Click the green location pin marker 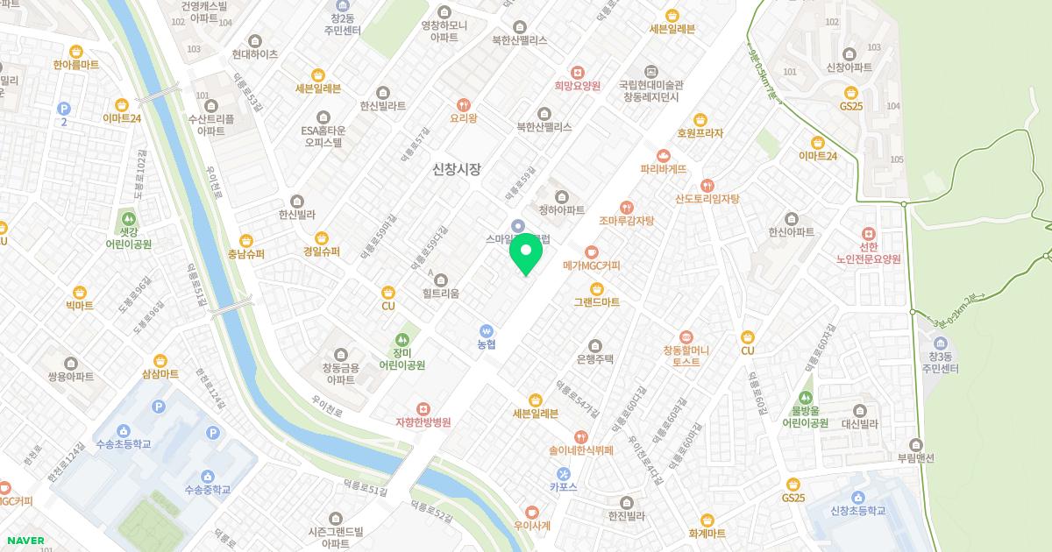pyautogui.click(x=526, y=254)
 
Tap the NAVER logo pyautogui.click(x=25, y=541)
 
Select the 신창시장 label pyautogui.click(x=457, y=169)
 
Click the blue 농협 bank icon pyautogui.click(x=487, y=330)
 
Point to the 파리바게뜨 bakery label pyautogui.click(x=663, y=169)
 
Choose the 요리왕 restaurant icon pyautogui.click(x=464, y=103)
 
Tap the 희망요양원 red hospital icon pyautogui.click(x=577, y=72)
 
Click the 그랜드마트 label pyautogui.click(x=597, y=302)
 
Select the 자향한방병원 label pyautogui.click(x=423, y=422)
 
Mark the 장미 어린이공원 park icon pyautogui.click(x=402, y=338)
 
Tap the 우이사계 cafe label pyautogui.click(x=532, y=526)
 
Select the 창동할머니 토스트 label pyautogui.click(x=686, y=356)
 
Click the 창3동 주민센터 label pyautogui.click(x=941, y=363)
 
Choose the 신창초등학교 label pyautogui.click(x=857, y=512)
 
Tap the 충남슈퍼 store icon pyautogui.click(x=246, y=240)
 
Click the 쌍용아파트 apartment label pyautogui.click(x=71, y=377)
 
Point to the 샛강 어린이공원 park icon pyautogui.click(x=129, y=218)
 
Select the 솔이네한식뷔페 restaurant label pyautogui.click(x=580, y=450)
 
